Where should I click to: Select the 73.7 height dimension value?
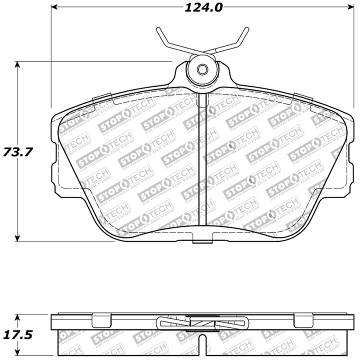(14, 151)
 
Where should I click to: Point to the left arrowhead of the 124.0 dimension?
(54, 7)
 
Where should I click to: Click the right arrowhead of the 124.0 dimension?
(350, 7)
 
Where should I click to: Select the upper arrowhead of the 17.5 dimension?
(18, 317)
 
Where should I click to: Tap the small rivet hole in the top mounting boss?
(202, 69)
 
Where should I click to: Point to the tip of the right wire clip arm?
(247, 29)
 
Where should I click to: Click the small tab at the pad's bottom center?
(202, 242)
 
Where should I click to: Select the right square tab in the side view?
(303, 319)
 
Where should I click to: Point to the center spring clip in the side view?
(202, 323)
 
